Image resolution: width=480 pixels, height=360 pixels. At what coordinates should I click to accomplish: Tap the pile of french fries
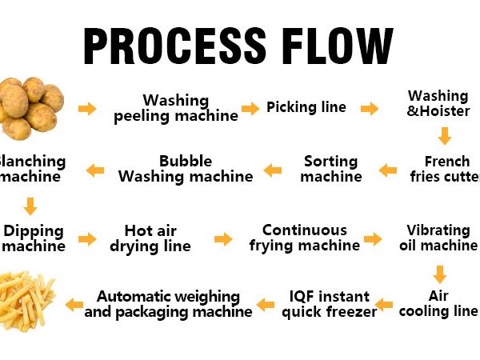(27, 301)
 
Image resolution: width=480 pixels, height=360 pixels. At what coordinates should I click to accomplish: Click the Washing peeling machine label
(176, 108)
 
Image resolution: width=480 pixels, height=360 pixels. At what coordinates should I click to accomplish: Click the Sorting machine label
(331, 169)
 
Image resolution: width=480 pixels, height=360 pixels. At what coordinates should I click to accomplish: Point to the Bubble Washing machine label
(186, 169)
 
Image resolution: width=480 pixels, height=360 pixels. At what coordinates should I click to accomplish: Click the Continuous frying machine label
(305, 238)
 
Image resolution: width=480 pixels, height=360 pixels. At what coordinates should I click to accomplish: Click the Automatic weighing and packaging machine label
(168, 304)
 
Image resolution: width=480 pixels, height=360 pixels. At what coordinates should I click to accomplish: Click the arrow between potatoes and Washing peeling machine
(87, 109)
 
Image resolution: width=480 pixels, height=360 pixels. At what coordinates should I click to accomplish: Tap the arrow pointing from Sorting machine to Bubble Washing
(273, 170)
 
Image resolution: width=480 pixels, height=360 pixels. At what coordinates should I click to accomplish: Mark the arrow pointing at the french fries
(74, 304)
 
